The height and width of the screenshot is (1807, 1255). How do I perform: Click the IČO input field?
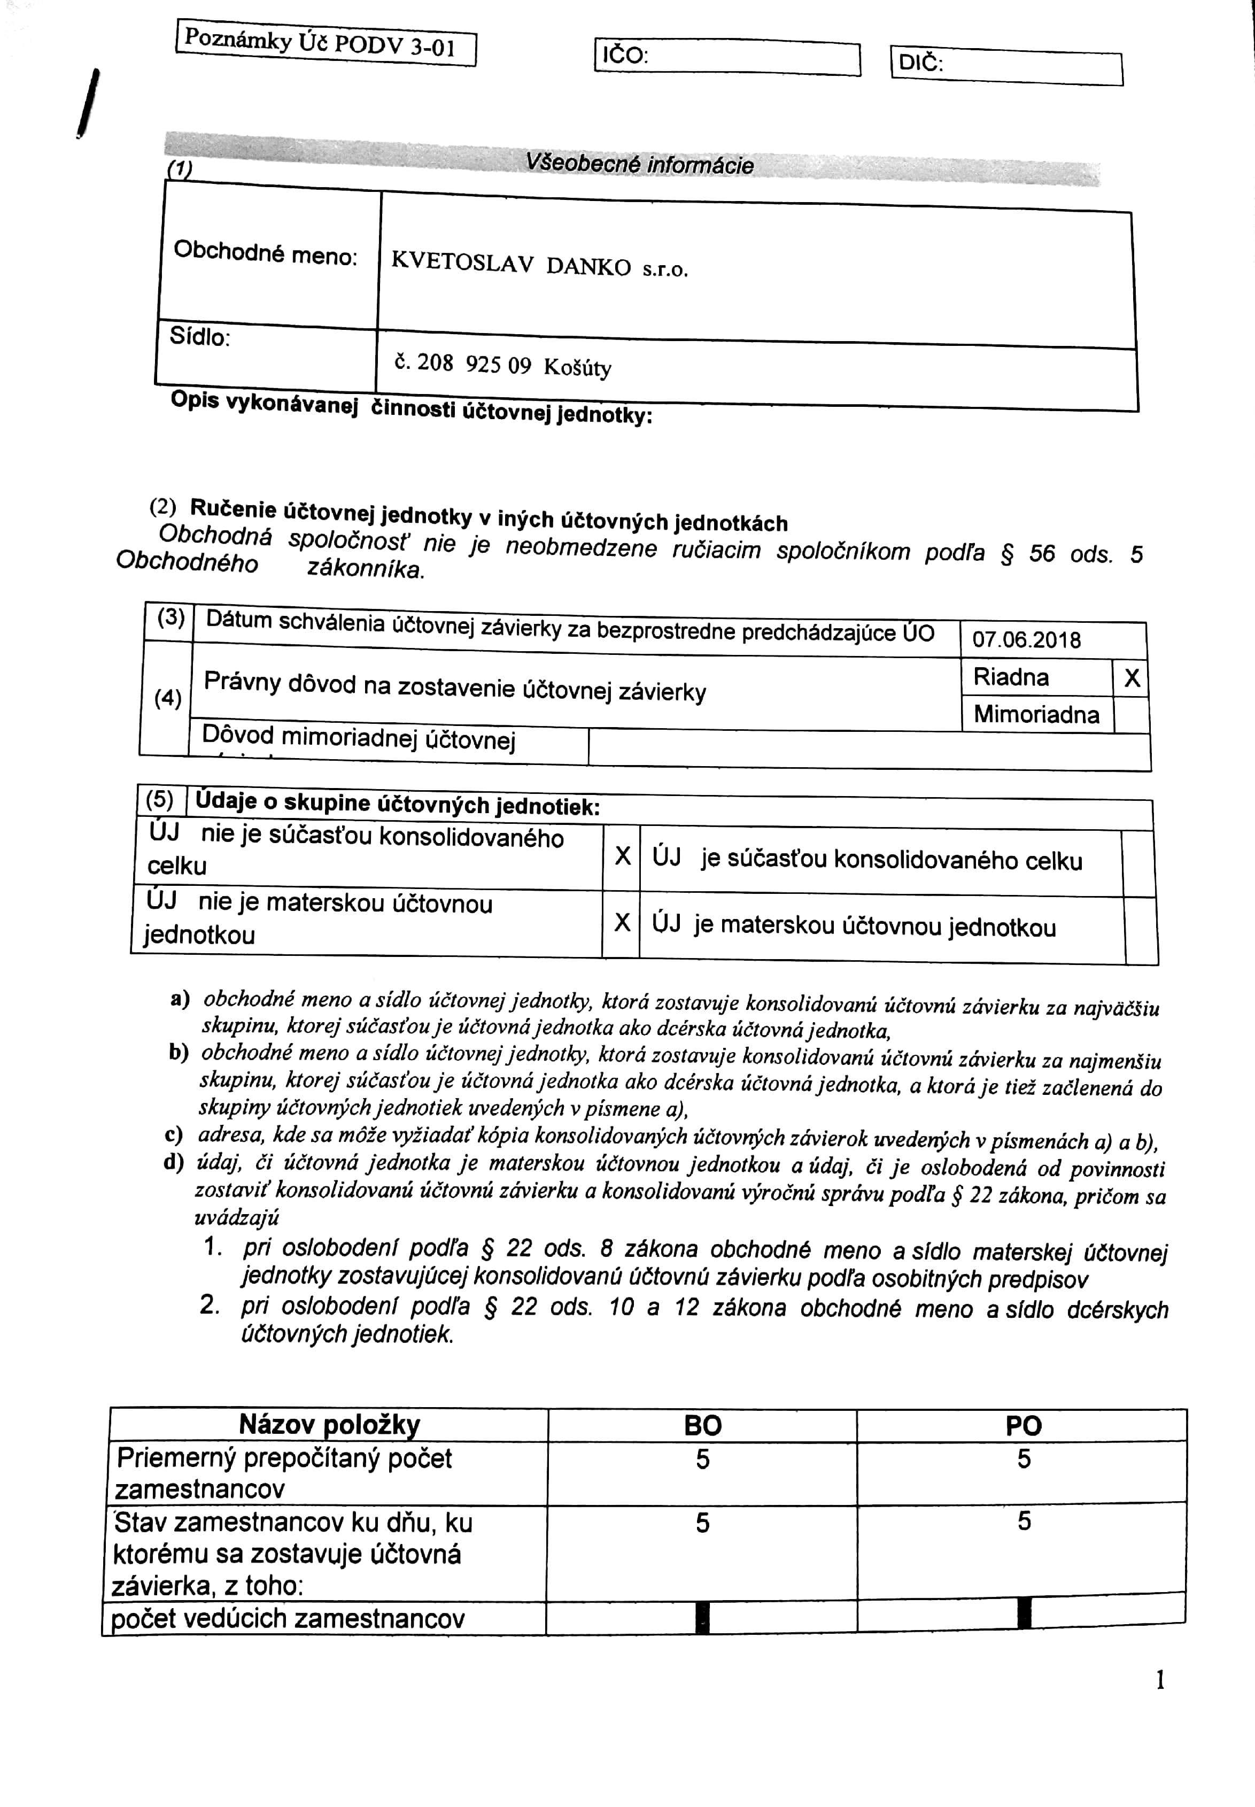pyautogui.click(x=751, y=57)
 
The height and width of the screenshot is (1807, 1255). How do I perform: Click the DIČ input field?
pyautogui.click(x=1030, y=67)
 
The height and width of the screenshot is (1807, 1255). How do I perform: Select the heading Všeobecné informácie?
pyautogui.click(x=639, y=164)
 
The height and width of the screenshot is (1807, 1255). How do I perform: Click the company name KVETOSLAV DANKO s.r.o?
pyautogui.click(x=539, y=265)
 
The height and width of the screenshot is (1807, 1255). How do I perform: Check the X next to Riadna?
pyautogui.click(x=1132, y=678)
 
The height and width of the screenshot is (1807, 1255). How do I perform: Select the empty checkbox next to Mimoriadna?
pyautogui.click(x=1132, y=715)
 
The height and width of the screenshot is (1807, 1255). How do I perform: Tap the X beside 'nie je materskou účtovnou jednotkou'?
pyautogui.click(x=621, y=922)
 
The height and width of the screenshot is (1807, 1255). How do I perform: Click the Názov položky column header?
pyautogui.click(x=329, y=1424)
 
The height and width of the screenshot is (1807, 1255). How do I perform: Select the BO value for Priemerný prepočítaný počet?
pyautogui.click(x=702, y=1459)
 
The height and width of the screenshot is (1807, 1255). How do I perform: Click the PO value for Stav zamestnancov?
pyautogui.click(x=1023, y=1522)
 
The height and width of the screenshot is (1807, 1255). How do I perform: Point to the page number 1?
pyautogui.click(x=1160, y=1680)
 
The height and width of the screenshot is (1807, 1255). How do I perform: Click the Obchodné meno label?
pyautogui.click(x=265, y=253)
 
